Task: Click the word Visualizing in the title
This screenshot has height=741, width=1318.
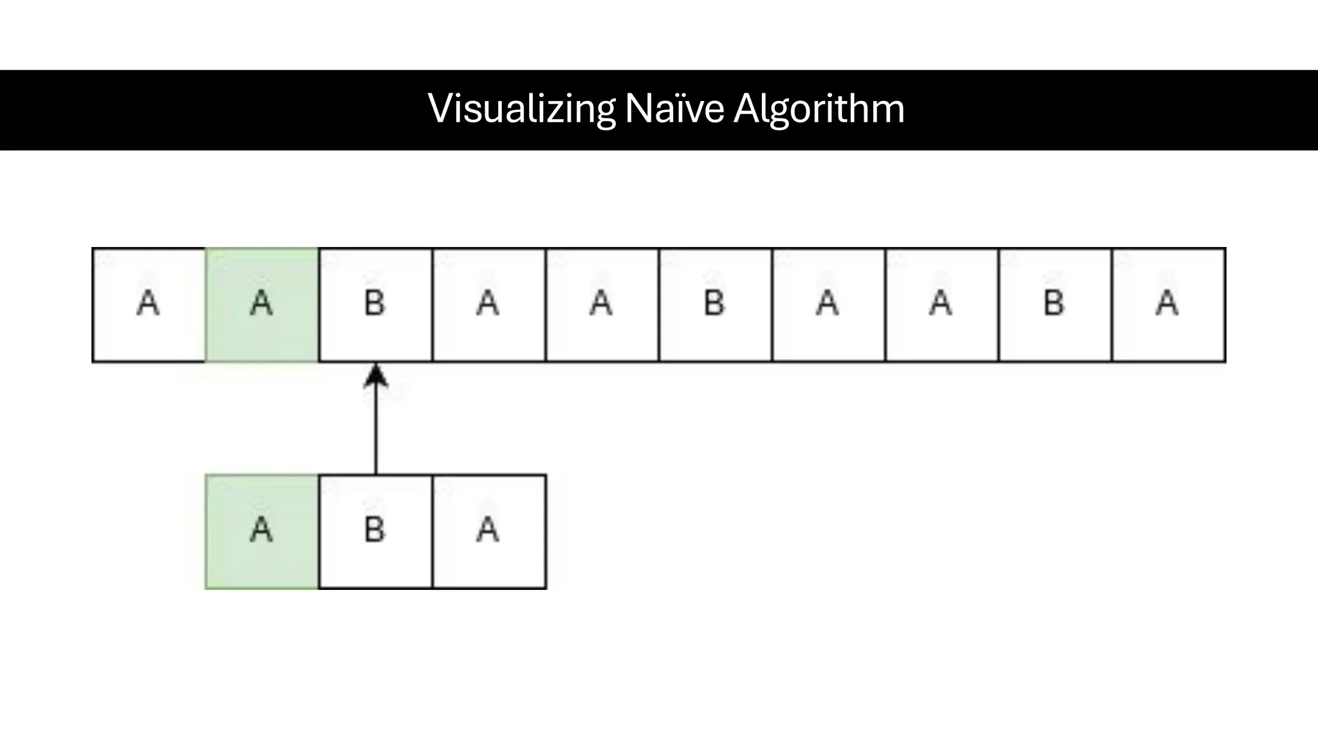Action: (522, 109)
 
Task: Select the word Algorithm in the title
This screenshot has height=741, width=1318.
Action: (819, 109)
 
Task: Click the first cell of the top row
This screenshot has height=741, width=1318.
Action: (149, 305)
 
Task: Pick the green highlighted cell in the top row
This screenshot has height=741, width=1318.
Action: (262, 305)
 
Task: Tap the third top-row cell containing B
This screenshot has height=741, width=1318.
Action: (375, 305)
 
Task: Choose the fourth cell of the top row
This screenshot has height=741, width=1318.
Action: (488, 305)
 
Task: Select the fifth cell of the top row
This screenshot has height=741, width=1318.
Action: (602, 305)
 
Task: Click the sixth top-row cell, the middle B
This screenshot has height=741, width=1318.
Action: (715, 305)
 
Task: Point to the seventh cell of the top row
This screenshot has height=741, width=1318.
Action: (828, 305)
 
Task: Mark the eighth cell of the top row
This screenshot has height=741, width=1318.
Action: (942, 305)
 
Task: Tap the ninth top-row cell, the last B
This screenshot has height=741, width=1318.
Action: (1055, 305)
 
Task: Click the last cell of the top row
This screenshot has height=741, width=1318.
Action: (1168, 305)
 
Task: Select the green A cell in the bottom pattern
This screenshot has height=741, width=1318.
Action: (262, 532)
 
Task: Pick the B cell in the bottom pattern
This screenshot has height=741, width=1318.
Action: (375, 532)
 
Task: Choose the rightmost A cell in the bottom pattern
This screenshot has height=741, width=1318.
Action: (489, 532)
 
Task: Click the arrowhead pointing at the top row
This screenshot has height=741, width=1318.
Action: (376, 376)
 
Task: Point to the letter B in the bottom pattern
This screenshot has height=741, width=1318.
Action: (375, 530)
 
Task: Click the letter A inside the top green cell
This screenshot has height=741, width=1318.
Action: (261, 303)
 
